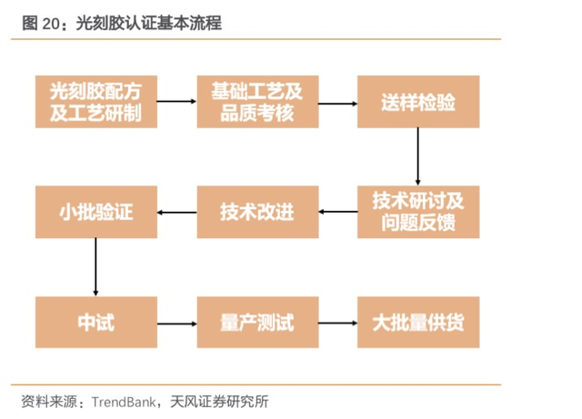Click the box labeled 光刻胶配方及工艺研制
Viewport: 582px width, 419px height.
pos(96,102)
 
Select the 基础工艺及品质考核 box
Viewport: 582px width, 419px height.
pos(257,102)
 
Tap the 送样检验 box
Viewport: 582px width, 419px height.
pos(418,102)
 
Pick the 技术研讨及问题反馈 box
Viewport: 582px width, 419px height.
pos(418,212)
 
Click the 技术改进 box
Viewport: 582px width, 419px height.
pos(257,212)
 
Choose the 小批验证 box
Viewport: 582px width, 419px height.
pos(96,212)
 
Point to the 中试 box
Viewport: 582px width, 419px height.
pos(96,322)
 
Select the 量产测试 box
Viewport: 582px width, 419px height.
pos(257,322)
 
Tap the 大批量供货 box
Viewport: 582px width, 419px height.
pos(418,322)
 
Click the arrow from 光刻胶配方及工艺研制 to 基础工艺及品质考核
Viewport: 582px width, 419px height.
pos(176,101)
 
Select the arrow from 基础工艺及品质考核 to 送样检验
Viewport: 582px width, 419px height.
pos(337,104)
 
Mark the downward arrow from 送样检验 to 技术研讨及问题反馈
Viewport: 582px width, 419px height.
pos(418,156)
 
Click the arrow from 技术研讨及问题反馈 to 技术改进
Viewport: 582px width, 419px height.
pos(338,212)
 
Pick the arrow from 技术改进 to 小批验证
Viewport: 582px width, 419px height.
pos(177,213)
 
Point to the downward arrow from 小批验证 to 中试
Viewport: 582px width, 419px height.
pos(95,267)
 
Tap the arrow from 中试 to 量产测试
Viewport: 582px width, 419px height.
pos(177,324)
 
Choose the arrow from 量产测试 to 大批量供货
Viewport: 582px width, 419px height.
pos(337,323)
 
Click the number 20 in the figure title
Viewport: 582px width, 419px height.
pos(51,24)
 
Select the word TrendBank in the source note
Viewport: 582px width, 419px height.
pos(124,402)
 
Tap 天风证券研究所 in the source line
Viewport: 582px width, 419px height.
pos(219,402)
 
